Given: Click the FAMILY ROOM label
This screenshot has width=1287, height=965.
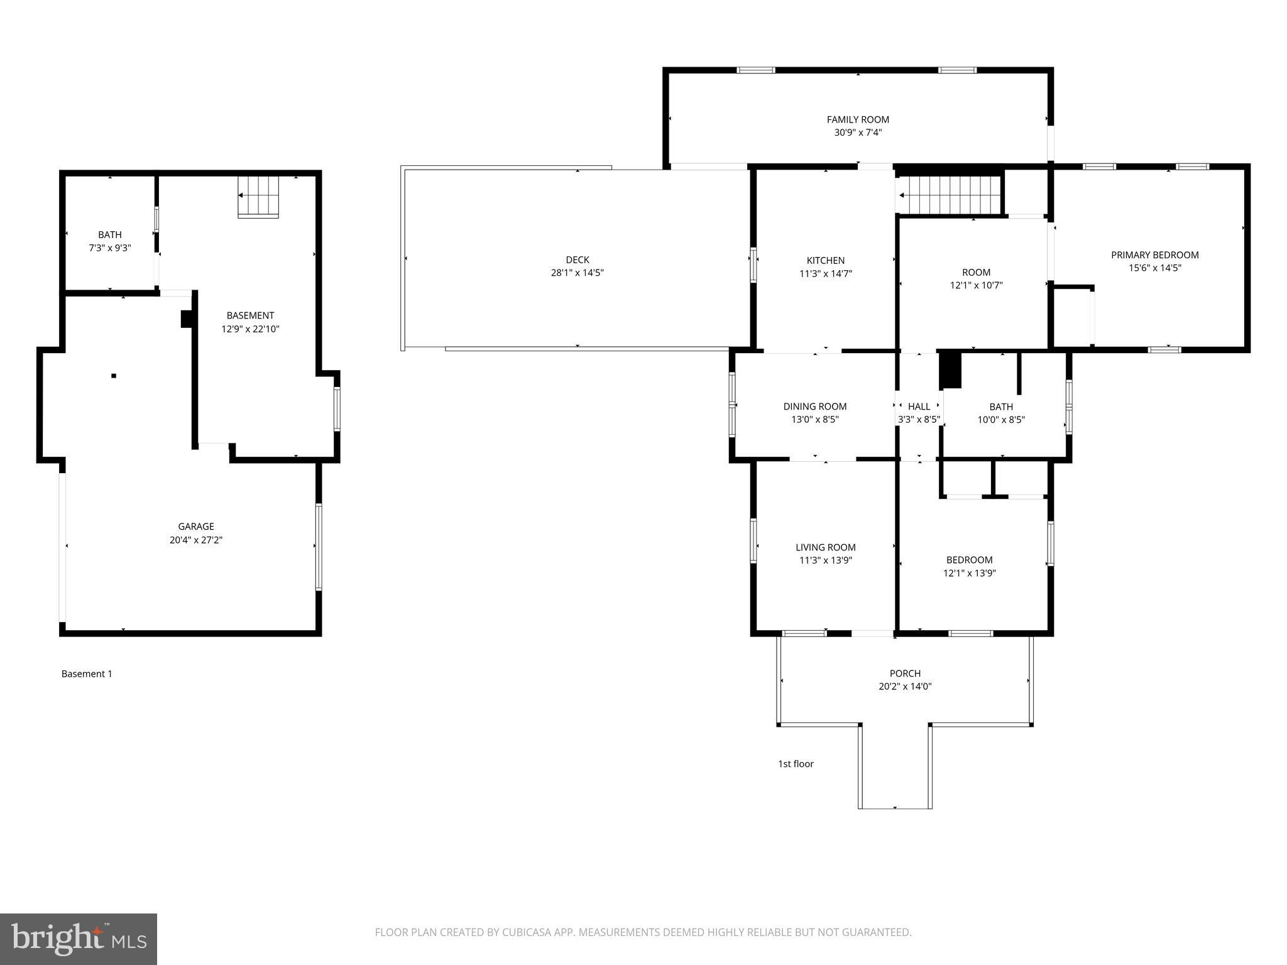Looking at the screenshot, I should [x=857, y=119].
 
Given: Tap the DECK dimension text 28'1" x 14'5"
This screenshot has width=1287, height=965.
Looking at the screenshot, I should [x=577, y=273].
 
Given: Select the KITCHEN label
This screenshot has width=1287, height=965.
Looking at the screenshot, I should [x=825, y=260].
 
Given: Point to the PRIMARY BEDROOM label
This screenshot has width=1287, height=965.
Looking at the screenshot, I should [x=1154, y=254].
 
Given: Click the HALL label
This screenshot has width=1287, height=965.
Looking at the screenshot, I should [x=919, y=406].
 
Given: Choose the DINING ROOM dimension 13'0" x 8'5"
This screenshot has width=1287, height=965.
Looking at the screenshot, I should [x=814, y=420].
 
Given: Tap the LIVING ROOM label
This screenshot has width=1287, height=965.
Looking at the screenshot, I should [x=825, y=547].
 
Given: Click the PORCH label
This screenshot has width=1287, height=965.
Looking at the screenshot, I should [x=905, y=673].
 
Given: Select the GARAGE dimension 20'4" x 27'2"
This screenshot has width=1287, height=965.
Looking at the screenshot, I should [x=195, y=540].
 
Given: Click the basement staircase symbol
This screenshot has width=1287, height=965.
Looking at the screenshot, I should [x=258, y=197].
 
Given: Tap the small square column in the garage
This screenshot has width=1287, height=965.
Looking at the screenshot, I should [x=114, y=376].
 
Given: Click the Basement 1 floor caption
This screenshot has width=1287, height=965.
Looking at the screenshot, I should [x=87, y=673].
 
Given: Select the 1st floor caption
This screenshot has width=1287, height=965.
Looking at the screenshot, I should [x=796, y=764].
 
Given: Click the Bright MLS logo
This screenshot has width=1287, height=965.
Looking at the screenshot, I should [x=79, y=939].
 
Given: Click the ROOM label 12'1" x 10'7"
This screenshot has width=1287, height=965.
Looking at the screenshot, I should [x=976, y=272].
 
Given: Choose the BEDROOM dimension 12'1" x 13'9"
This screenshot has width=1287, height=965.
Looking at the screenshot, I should [x=969, y=573].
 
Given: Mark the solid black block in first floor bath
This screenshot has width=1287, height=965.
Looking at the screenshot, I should [x=950, y=371].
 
